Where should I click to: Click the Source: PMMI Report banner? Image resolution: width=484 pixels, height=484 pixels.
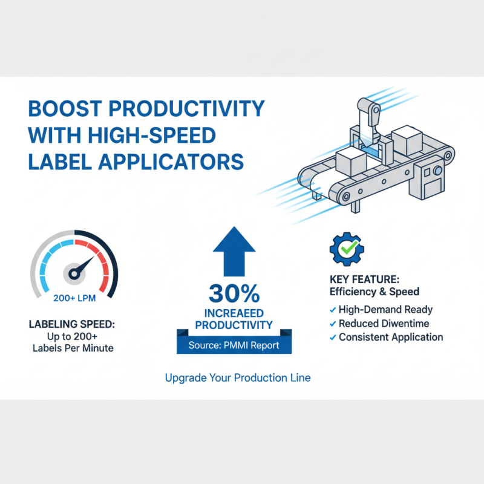[x=234, y=345]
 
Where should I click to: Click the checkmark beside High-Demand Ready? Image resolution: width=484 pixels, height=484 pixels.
[x=332, y=310]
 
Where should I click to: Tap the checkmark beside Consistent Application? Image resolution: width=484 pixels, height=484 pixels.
[x=332, y=338]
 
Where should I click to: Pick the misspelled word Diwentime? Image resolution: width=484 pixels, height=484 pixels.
[x=407, y=324]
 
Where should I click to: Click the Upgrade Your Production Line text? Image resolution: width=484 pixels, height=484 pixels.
[x=238, y=378]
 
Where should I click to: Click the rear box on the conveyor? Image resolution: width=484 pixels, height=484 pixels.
[x=406, y=140]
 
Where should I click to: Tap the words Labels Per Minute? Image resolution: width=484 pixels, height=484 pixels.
[x=72, y=348]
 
